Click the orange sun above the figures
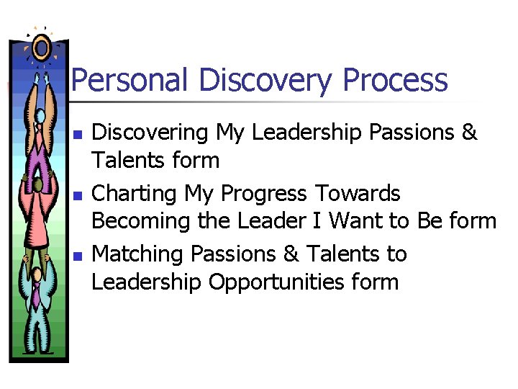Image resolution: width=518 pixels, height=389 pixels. pos(41,48)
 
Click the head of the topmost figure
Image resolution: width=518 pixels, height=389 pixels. pos(41,115)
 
